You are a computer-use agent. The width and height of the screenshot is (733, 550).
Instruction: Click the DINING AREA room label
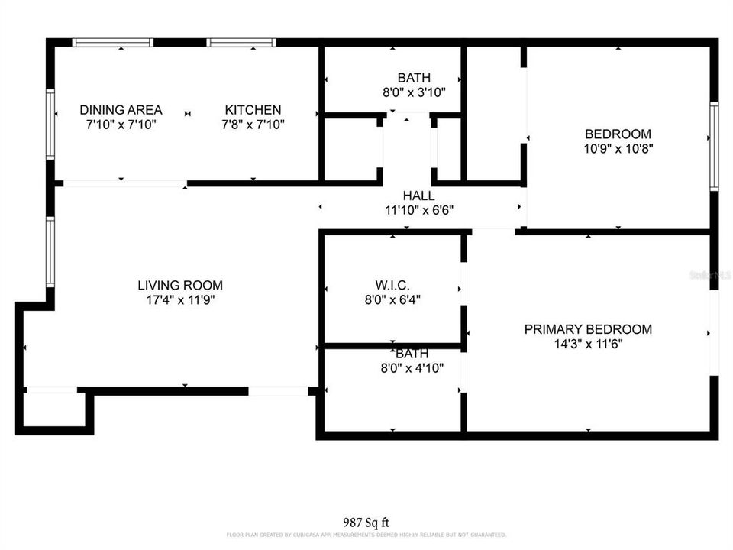(x=121, y=110)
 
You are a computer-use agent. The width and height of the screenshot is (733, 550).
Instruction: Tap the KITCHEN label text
(x=252, y=110)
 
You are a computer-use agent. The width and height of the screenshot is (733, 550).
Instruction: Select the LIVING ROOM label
(x=180, y=286)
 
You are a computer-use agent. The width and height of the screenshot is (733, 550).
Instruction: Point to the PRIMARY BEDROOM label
(x=588, y=329)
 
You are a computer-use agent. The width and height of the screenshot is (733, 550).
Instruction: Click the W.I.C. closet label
(x=393, y=286)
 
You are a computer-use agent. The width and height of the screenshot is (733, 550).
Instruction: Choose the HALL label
(x=418, y=196)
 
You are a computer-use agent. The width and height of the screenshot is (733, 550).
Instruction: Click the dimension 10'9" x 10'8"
(x=618, y=149)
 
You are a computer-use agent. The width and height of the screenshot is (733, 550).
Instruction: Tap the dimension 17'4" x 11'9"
(x=180, y=300)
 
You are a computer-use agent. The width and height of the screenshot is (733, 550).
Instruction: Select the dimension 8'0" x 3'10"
(x=413, y=92)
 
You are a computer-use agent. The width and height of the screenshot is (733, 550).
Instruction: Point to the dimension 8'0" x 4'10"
(x=412, y=368)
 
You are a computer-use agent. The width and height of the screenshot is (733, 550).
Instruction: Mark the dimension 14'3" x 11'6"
(x=588, y=344)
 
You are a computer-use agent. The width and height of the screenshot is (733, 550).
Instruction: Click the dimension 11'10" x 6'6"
(x=418, y=210)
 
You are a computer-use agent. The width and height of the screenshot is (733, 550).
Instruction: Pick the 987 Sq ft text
(x=366, y=522)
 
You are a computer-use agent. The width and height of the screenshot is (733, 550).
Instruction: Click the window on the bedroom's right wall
(x=714, y=145)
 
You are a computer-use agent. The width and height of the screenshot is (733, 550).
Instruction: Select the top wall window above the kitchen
(x=242, y=43)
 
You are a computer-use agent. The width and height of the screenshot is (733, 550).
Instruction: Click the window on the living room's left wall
(x=50, y=252)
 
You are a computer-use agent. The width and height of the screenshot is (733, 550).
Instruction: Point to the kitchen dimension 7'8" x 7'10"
(x=252, y=125)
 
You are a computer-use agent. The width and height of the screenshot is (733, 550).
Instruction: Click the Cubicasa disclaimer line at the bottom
(x=366, y=535)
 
